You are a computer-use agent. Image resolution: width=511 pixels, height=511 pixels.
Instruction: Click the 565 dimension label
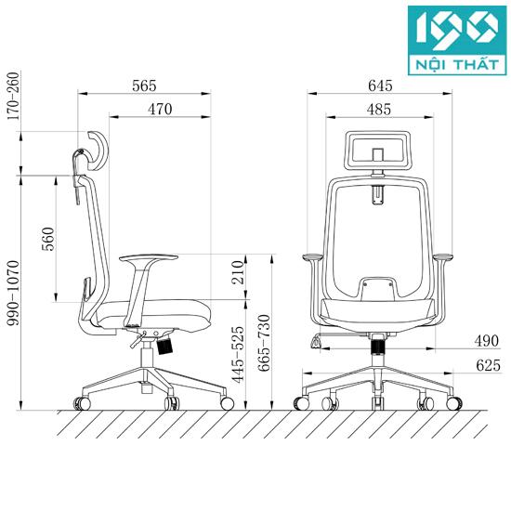(x=143, y=85)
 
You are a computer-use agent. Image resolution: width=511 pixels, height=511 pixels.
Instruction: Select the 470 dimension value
(x=160, y=110)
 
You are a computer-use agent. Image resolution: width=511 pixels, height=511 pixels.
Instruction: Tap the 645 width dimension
(x=380, y=85)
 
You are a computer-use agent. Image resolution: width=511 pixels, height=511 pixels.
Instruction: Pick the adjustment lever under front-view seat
(x=321, y=342)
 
